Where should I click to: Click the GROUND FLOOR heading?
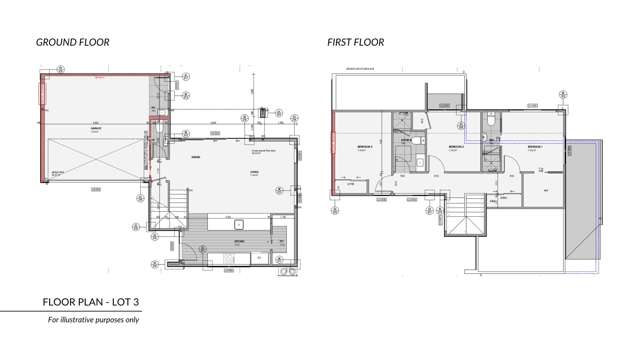point(72,42)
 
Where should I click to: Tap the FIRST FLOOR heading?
point(355,42)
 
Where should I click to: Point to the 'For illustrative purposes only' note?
point(94,320)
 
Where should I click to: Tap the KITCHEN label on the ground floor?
point(240,242)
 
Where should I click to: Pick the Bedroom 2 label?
point(455,146)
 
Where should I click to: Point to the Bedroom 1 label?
point(535,146)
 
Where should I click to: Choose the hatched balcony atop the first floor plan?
point(440,99)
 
